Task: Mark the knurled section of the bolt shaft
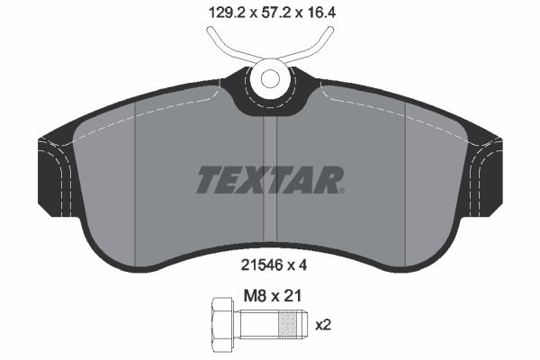click(x=288, y=325)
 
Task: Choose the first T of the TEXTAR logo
click(x=208, y=180)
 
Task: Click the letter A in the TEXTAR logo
click(x=306, y=180)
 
